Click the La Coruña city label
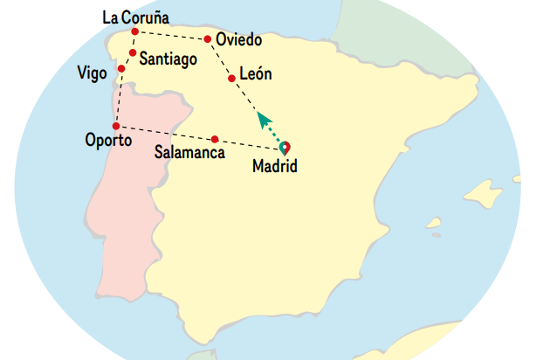point(135,17)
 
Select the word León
point(256,75)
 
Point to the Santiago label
point(168,59)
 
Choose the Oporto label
point(108,140)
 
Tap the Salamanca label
point(189,152)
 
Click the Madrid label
point(274,166)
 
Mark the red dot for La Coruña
point(134,32)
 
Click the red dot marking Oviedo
point(207,39)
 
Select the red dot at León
point(231,79)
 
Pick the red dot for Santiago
point(132,53)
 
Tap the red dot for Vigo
point(121,68)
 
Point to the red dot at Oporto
point(116,126)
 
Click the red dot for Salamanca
point(215,139)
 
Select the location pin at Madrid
point(285,148)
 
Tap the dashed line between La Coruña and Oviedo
point(171,36)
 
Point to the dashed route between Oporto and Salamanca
point(166,133)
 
